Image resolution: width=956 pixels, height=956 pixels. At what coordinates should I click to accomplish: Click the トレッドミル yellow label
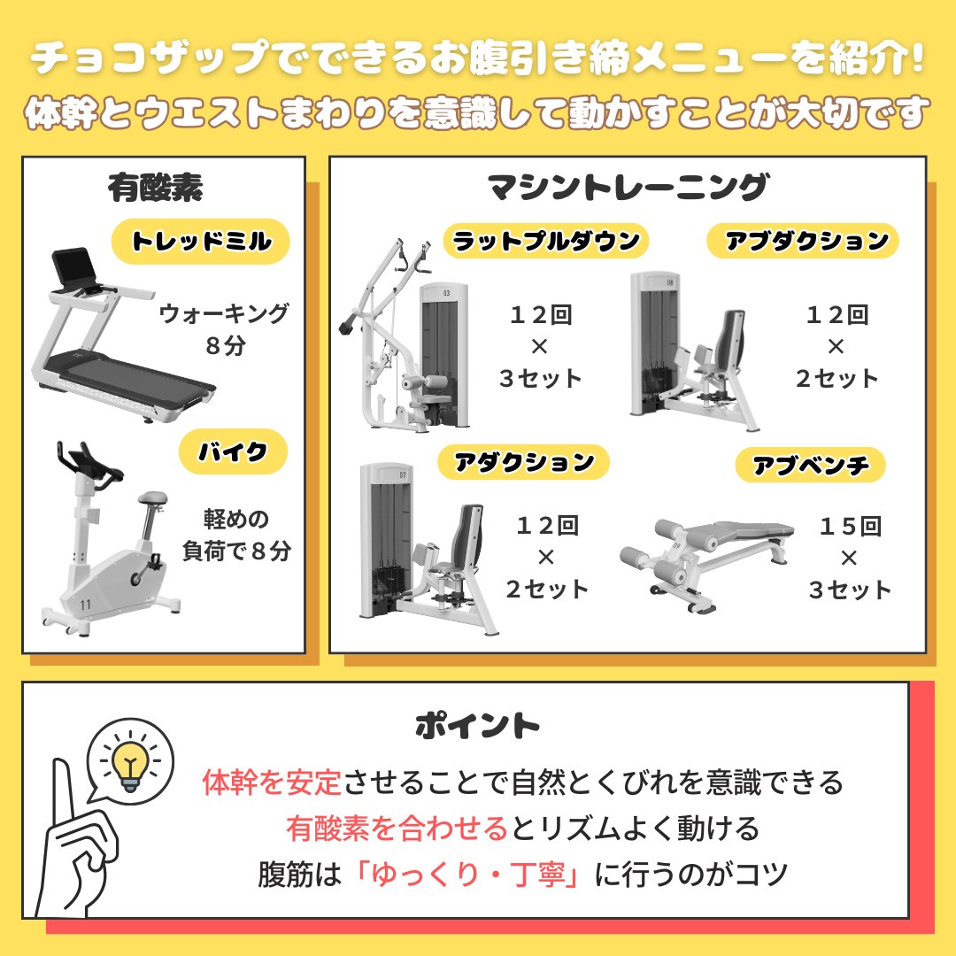(201, 242)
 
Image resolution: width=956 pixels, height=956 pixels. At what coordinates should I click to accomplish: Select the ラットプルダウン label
(546, 241)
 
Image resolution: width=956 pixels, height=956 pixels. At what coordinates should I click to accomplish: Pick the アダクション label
(524, 462)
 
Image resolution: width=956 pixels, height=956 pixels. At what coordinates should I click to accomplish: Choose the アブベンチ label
(811, 465)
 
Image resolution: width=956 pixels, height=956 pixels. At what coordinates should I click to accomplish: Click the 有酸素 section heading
(156, 188)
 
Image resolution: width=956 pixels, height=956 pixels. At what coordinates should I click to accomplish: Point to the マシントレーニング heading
(628, 188)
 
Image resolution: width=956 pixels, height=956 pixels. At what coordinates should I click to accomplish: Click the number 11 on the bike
(86, 605)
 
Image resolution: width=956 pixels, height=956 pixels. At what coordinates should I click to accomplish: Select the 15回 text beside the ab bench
(850, 527)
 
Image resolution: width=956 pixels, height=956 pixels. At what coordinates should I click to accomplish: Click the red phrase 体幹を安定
(272, 783)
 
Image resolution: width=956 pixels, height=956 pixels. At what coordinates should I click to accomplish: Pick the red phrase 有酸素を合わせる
(397, 829)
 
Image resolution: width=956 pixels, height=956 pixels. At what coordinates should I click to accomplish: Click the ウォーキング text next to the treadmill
(224, 313)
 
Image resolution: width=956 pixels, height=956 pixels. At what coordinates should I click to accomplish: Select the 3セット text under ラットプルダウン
(540, 379)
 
